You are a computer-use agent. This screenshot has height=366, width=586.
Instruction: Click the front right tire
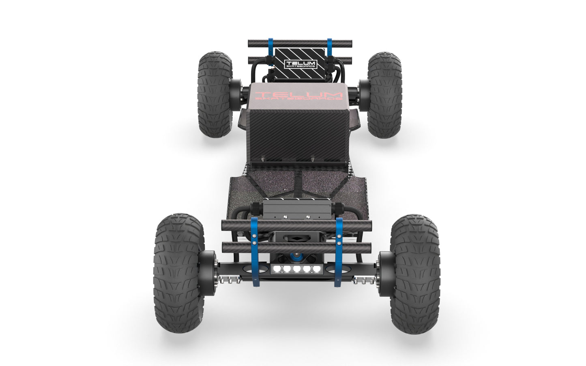pyautogui.click(x=414, y=274)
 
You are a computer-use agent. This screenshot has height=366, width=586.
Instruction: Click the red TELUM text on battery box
pyautogui.click(x=298, y=95)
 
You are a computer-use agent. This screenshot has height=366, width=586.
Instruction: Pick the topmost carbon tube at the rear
pyautogui.click(x=300, y=43)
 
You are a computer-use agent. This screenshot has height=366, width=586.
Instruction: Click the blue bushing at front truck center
pyautogui.click(x=297, y=257)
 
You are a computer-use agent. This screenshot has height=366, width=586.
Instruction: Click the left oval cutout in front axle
pyautogui.click(x=258, y=269)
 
